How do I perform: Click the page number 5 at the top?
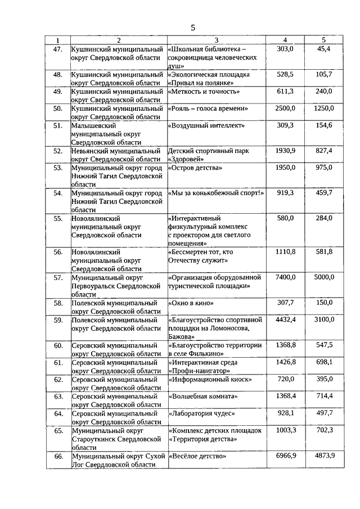point(192,28)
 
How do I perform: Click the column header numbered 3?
point(216,40)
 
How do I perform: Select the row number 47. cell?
point(57,49)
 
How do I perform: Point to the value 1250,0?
point(323,108)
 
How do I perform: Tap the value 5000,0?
point(323,277)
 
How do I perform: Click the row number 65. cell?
point(57,430)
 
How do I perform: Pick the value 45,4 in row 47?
point(323,49)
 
